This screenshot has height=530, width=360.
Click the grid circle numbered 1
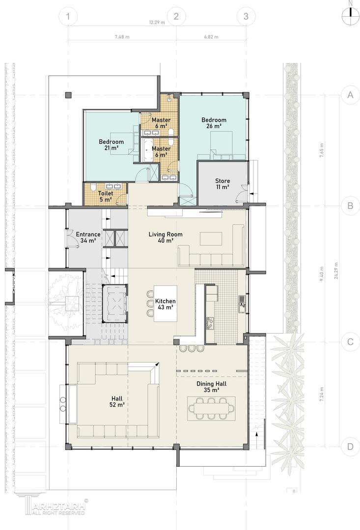(x=68, y=16)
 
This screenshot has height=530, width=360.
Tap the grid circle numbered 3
(x=246, y=16)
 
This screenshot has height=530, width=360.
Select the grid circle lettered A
(x=350, y=95)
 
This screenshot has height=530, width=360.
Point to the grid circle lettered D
(x=350, y=447)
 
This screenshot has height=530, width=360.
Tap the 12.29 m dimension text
(x=157, y=23)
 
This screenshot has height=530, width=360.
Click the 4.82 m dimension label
(x=211, y=37)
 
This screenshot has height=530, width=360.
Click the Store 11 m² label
(x=222, y=184)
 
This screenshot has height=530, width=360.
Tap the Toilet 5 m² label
(x=105, y=197)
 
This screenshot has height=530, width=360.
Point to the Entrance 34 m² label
(x=88, y=238)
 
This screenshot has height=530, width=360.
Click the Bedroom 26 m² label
(x=214, y=123)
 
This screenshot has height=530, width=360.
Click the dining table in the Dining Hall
(x=212, y=408)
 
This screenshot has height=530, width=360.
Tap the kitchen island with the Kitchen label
(x=166, y=304)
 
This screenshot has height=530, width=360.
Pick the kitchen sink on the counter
(x=242, y=303)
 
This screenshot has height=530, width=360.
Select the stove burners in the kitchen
(x=210, y=323)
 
